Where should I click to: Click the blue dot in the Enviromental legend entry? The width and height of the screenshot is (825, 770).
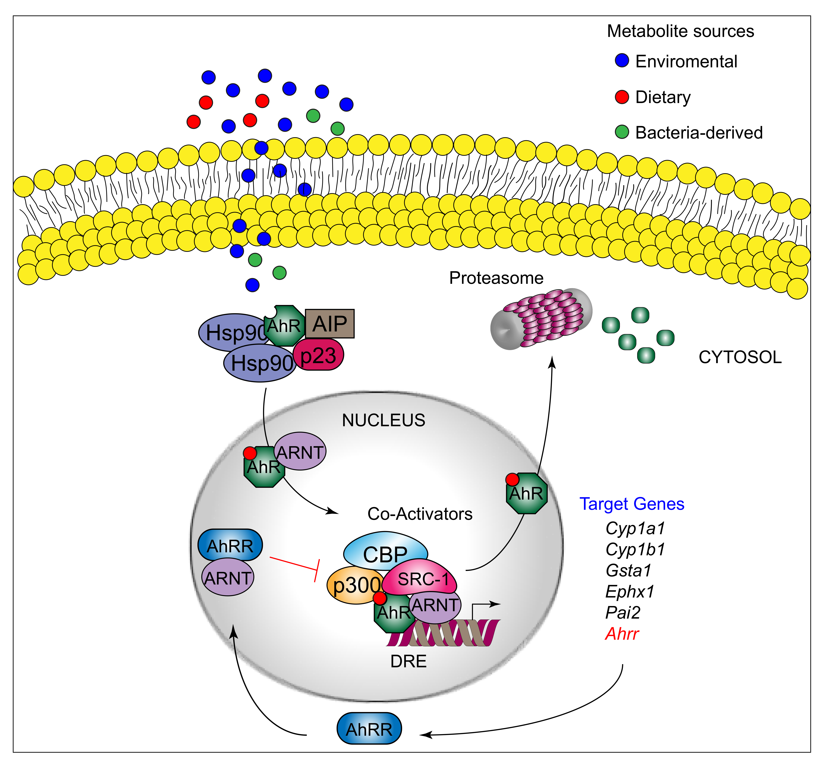point(622,61)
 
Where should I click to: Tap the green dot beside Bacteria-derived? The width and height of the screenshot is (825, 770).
point(622,132)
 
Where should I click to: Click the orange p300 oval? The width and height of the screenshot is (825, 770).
point(353,585)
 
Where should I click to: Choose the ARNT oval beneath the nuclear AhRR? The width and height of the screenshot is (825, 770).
point(228,577)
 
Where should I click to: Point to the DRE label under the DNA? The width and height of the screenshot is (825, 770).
point(408,661)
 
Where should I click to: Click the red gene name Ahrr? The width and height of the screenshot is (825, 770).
point(622,634)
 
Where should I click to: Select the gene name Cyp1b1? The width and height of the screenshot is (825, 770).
point(635,549)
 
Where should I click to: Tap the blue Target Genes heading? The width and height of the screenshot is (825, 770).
point(632,504)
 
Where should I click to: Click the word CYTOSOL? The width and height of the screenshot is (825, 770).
point(740,357)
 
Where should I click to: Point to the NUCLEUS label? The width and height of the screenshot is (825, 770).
point(383,420)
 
